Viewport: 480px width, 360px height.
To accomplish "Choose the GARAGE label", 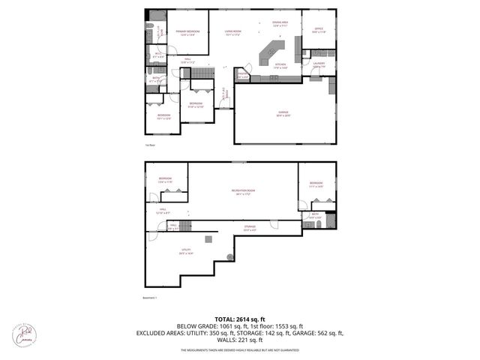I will click(x=283, y=113).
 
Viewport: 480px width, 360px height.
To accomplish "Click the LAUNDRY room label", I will click(x=319, y=64).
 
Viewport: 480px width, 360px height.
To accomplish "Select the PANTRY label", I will click(x=243, y=75).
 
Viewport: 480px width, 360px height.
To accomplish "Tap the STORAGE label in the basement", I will click(x=249, y=226).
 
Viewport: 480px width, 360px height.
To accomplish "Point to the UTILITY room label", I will click(x=184, y=250).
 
